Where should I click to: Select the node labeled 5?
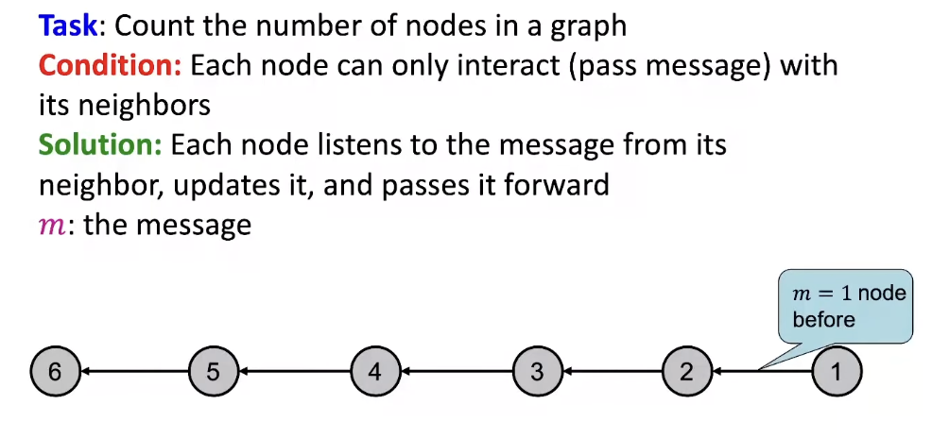point(214,371)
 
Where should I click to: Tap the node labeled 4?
point(375,371)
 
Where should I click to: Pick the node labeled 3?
point(537,371)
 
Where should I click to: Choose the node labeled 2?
point(687,371)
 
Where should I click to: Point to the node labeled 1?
point(835,371)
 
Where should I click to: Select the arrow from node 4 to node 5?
point(295,371)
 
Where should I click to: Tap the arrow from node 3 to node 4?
point(457,371)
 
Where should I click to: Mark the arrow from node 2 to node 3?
point(613,371)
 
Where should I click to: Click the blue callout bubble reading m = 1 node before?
point(845,307)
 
